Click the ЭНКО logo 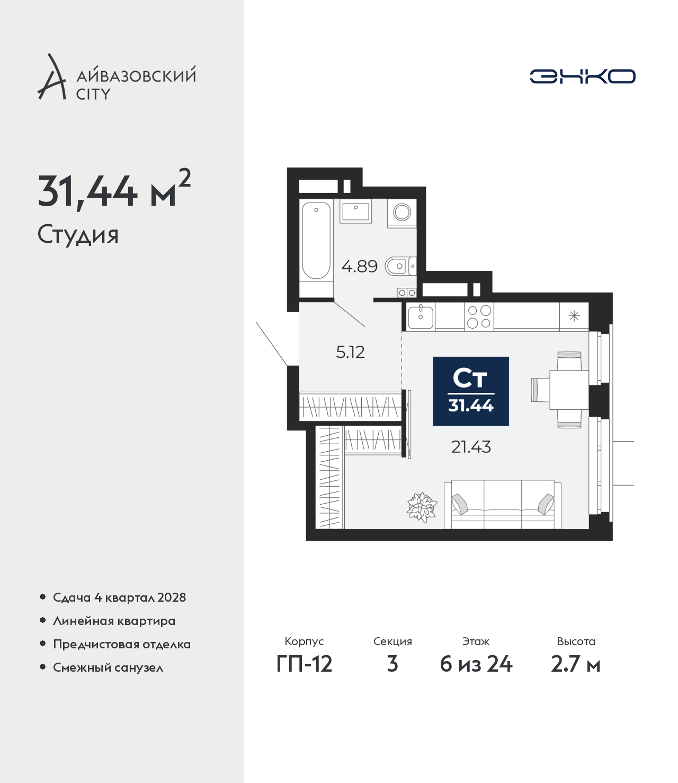pos(582,76)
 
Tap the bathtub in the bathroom pos(316,240)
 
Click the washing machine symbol pos(402,212)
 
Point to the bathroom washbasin pos(355,211)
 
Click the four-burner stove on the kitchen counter pos(479,316)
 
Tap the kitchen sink pos(421,316)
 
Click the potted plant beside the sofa pos(422,507)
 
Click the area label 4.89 pos(359,266)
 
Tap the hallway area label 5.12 pos(350,353)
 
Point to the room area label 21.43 pos(471,447)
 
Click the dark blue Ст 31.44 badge pos(471,391)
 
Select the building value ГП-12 pos(305,664)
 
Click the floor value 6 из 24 pos(476,664)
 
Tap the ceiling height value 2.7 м pos(575,664)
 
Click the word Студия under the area pos(78,235)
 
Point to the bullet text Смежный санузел pos(108,667)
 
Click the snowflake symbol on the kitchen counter pos(574,316)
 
